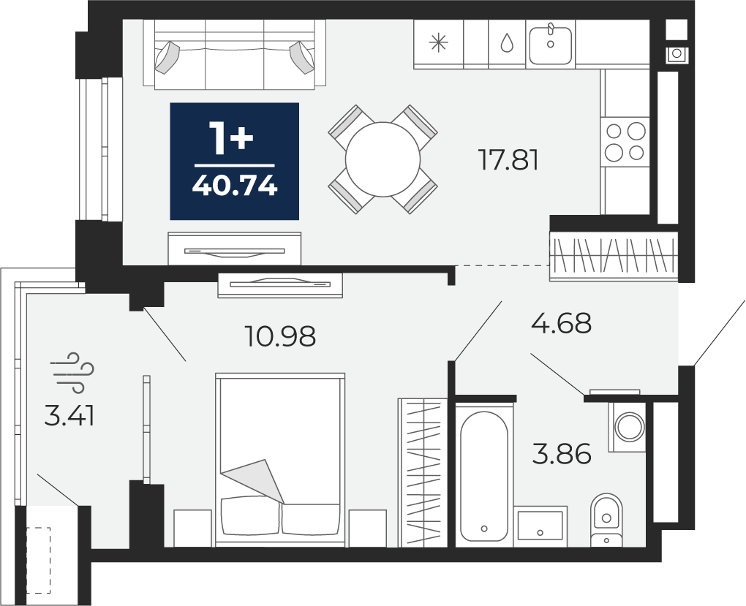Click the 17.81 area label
(x=508, y=160)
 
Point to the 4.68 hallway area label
(x=562, y=323)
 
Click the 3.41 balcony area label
(x=69, y=416)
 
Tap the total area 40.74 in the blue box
(x=235, y=186)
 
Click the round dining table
(x=383, y=159)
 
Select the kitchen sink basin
(x=551, y=45)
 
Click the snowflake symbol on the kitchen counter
(x=438, y=43)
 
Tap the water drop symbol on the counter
(x=507, y=43)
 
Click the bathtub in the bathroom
(x=484, y=476)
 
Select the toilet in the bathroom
(x=606, y=520)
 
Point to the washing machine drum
(x=630, y=426)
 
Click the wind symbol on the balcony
(x=73, y=373)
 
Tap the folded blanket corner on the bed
(x=253, y=480)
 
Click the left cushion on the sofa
(x=166, y=57)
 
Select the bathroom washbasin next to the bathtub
(x=540, y=525)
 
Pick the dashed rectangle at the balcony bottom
(x=39, y=561)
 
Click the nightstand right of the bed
(x=367, y=528)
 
